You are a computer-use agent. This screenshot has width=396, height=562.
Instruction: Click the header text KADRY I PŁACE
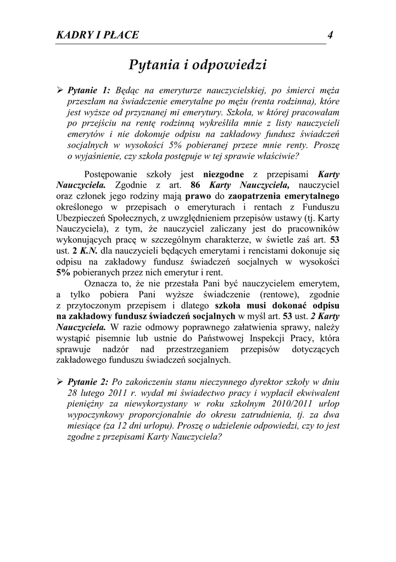[x=98, y=36]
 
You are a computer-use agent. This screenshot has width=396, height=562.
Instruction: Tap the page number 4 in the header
[x=330, y=35]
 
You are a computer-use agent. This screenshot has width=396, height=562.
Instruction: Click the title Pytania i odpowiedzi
[x=198, y=65]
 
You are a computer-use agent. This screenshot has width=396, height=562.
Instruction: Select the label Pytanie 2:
[x=89, y=381]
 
